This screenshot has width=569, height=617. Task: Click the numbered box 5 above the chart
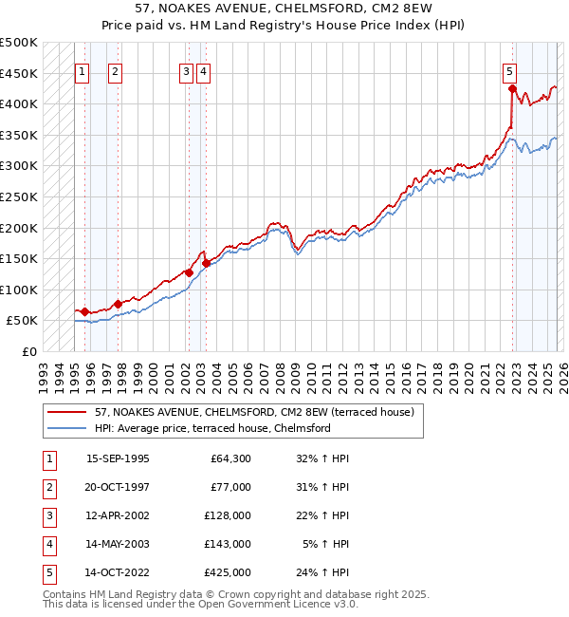pyautogui.click(x=510, y=70)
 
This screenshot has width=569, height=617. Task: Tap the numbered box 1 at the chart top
pyautogui.click(x=82, y=70)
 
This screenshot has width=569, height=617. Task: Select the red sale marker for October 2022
pyautogui.click(x=512, y=89)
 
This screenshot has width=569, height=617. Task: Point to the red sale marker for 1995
pyautogui.click(x=85, y=311)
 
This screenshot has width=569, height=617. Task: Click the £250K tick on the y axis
pyautogui.click(x=20, y=196)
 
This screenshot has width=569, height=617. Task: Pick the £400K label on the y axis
pyautogui.click(x=20, y=103)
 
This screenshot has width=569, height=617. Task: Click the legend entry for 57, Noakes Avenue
pyautogui.click(x=254, y=413)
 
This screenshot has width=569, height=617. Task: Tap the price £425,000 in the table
pyautogui.click(x=228, y=572)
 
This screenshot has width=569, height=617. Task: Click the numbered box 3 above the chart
pyautogui.click(x=186, y=70)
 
